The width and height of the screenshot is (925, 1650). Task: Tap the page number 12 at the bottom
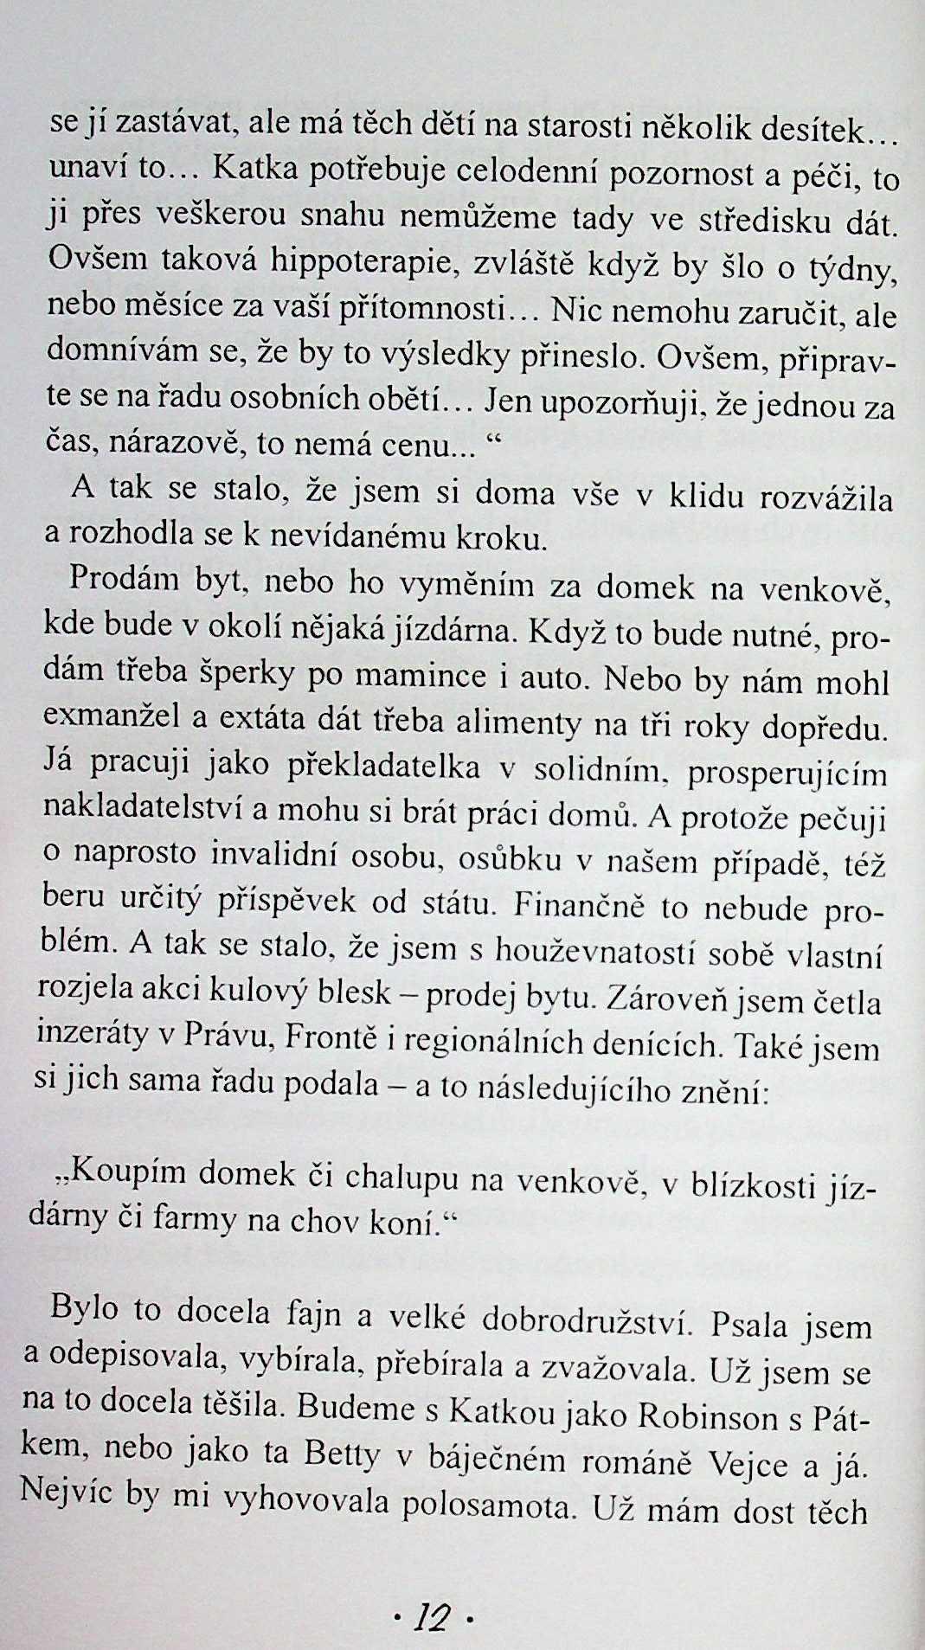pyautogui.click(x=433, y=1615)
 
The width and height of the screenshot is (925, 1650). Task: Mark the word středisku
pyautogui.click(x=761, y=222)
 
